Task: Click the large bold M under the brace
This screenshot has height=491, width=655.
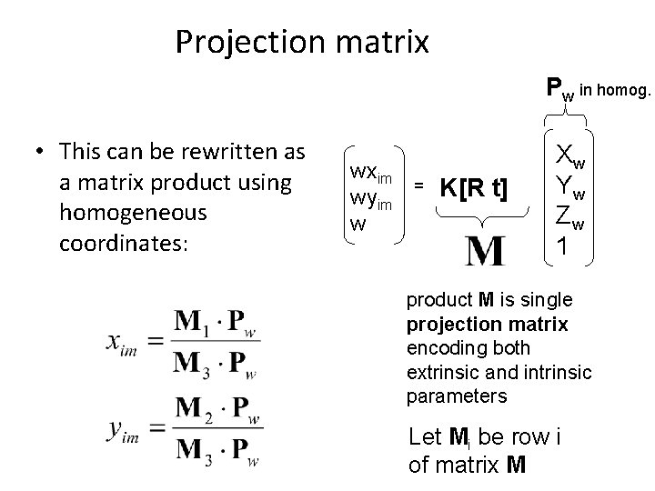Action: [x=484, y=248]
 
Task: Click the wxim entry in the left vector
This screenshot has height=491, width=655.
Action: [x=370, y=173]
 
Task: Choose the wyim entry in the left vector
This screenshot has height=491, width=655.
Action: [x=370, y=200]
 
